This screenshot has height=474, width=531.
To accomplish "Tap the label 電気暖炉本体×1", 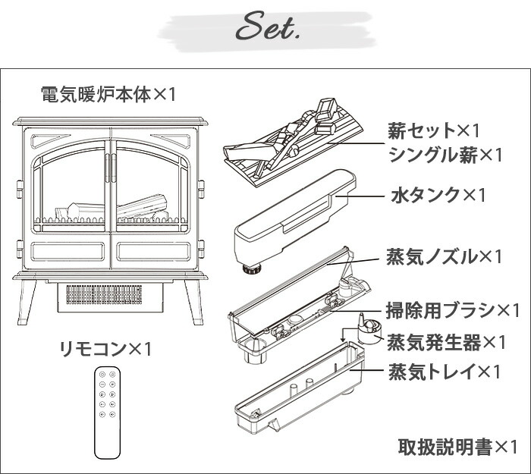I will (x=108, y=95).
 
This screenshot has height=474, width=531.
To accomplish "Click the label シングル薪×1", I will (x=445, y=155).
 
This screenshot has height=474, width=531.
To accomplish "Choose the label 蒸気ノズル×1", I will (x=445, y=256).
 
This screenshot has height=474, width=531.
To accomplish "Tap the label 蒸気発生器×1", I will (x=446, y=343).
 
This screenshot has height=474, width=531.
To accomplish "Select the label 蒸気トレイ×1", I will (x=445, y=372).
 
